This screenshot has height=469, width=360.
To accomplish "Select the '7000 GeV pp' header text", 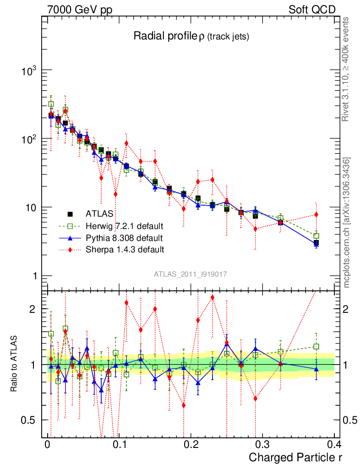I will (80, 10).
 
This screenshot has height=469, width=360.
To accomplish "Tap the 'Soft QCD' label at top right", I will (312, 10).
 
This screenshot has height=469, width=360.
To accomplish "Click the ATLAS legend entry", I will (97, 214).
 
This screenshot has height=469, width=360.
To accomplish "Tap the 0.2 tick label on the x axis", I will (190, 444).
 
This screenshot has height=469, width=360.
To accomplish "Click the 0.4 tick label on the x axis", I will (334, 444).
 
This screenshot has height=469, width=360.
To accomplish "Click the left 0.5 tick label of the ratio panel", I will (30, 420).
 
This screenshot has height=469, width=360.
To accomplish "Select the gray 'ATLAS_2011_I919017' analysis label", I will (191, 274).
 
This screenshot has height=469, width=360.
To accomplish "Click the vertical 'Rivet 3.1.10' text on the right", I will (346, 69).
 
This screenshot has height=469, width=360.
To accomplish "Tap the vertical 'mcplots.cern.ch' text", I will (346, 222).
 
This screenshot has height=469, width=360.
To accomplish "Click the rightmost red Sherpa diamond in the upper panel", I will (316, 215).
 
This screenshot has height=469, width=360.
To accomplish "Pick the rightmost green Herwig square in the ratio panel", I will (316, 347).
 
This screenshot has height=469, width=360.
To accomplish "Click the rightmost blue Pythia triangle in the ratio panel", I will (316, 369).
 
